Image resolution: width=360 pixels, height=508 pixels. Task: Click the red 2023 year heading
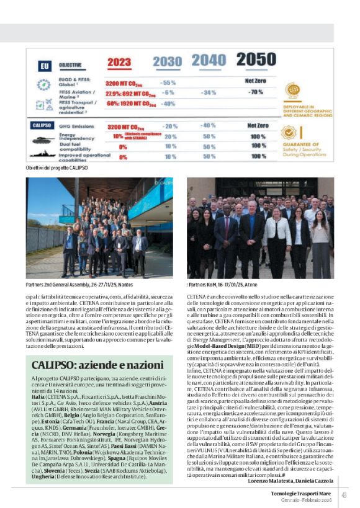[x=119, y=63]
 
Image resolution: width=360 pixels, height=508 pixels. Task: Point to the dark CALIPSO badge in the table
[x=42, y=125]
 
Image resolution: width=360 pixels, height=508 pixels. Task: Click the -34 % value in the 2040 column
[x=209, y=92]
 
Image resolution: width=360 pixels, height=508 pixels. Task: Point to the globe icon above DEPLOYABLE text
[x=292, y=91]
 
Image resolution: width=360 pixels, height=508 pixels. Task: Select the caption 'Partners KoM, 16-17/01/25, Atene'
[x=229, y=284]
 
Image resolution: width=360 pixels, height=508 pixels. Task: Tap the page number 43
[x=344, y=494]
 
